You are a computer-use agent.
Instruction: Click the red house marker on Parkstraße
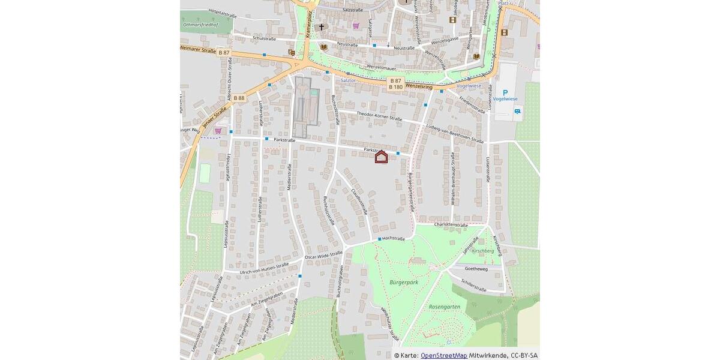pos(381,157)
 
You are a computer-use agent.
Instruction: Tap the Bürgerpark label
pos(403,281)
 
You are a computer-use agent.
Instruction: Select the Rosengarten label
pos(445,307)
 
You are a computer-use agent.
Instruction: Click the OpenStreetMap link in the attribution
pos(443,355)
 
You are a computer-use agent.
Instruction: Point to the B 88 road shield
pos(239,98)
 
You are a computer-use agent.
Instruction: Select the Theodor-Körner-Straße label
pos(379,116)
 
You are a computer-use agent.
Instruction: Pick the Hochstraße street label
pos(394,238)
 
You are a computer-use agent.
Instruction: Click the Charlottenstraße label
pos(451,224)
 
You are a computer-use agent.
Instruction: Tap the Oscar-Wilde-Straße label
pos(323,256)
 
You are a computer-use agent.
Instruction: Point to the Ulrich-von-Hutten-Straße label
pos(264,268)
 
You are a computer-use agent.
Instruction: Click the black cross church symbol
pos(321,27)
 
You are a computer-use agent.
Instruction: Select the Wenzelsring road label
pos(419,86)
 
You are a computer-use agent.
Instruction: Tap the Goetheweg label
pos(476,269)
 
